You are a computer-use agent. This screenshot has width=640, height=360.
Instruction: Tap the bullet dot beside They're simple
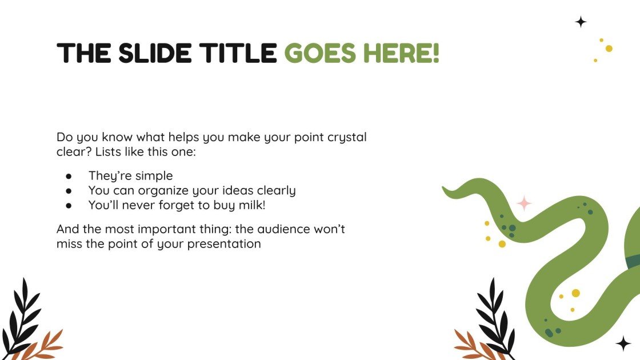pyautogui.click(x=69, y=176)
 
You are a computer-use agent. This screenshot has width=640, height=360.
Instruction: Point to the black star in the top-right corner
pyautogui.click(x=581, y=22)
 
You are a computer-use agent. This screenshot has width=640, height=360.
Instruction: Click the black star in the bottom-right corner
pyautogui.click(x=623, y=343)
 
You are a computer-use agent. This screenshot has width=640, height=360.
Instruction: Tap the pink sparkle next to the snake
pyautogui.click(x=524, y=203)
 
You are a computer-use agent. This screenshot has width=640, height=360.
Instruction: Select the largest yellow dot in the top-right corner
pyautogui.click(x=609, y=49)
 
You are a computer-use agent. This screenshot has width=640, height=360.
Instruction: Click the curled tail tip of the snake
pyautogui.click(x=449, y=191)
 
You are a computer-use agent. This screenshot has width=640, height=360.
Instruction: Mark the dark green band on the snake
pyautogui.click(x=633, y=261)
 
